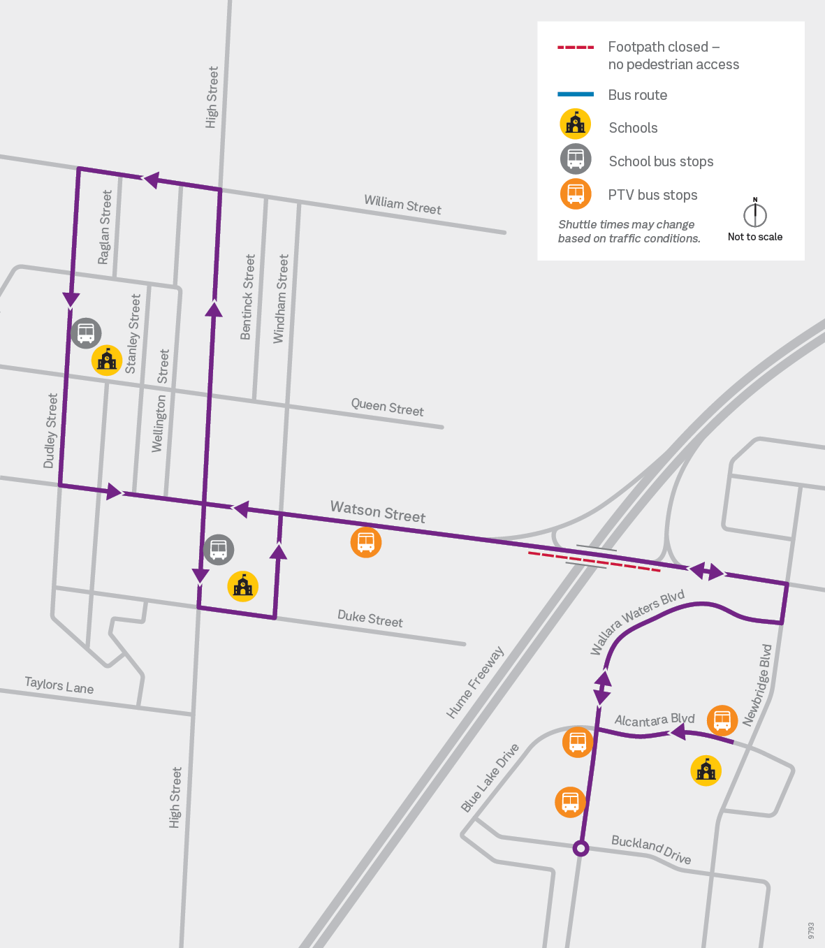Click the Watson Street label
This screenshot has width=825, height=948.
point(378,511)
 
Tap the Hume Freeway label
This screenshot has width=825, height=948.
point(475,683)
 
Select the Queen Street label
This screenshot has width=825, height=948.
point(387,407)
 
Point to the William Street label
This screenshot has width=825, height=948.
point(402,205)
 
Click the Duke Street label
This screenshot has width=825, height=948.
point(370,618)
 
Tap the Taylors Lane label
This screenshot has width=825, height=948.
point(59,685)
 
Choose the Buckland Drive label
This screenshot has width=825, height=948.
point(651,849)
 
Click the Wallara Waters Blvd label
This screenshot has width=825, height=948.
point(636,621)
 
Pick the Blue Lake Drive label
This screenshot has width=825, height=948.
point(490,778)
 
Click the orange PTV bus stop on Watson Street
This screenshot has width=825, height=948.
point(366,542)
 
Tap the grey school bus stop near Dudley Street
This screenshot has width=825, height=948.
point(86,333)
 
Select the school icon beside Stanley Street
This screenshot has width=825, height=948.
point(107,360)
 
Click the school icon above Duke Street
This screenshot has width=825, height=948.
point(243,586)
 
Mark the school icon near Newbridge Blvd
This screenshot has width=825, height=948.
point(706,771)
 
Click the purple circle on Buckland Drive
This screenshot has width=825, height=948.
point(581,848)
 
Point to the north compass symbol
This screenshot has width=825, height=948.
point(755,214)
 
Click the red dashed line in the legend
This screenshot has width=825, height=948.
point(576,48)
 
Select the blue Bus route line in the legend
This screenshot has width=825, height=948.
point(576,94)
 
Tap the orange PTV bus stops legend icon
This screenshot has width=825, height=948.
point(576,194)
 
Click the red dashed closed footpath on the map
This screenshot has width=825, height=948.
point(594,562)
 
